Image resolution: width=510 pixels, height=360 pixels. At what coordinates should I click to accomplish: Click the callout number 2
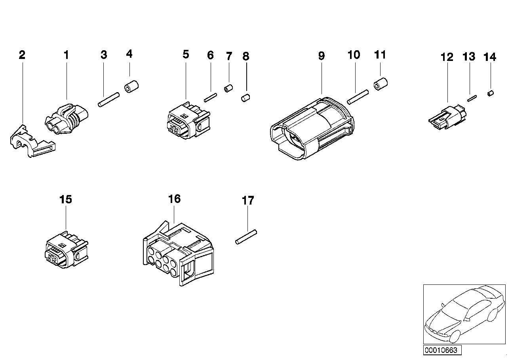(x=22, y=55)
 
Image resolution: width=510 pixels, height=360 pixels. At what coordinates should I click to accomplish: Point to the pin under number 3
(x=108, y=99)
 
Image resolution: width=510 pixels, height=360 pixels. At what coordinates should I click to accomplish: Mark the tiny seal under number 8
(x=246, y=97)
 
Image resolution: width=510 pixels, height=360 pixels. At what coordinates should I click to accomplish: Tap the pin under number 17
(x=246, y=237)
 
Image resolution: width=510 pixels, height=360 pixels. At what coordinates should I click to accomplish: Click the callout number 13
(x=469, y=57)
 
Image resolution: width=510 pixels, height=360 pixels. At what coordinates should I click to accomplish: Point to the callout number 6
(x=210, y=55)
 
